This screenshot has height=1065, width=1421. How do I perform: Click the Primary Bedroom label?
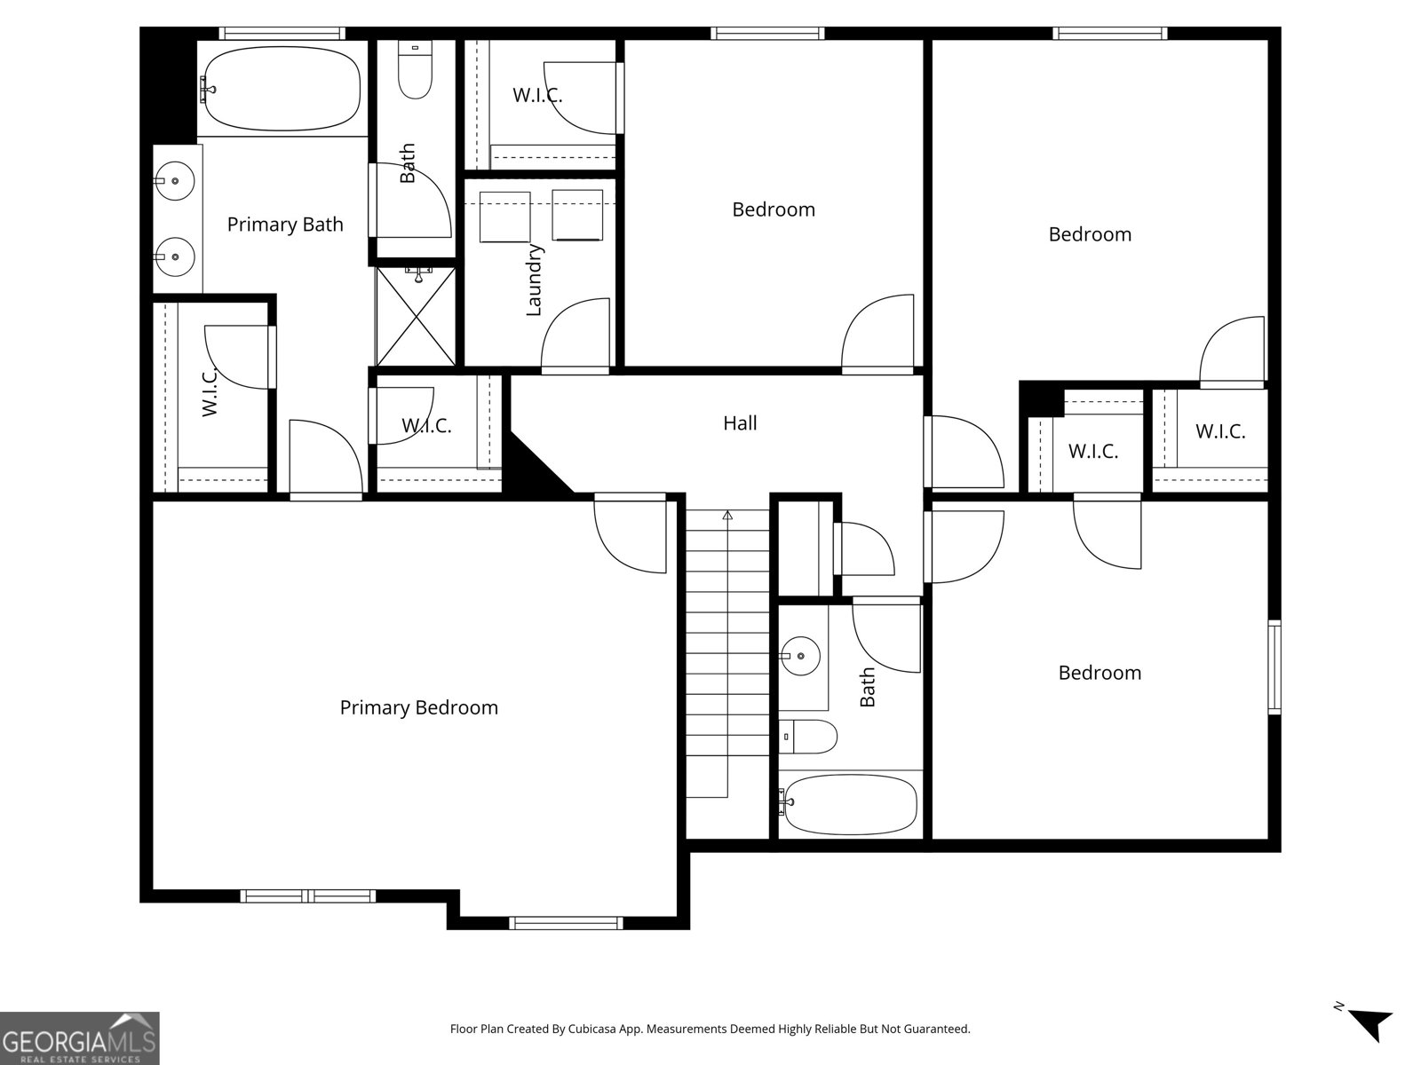418,707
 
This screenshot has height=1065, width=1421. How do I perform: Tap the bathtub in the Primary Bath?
281,89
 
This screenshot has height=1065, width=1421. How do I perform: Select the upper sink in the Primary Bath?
175,181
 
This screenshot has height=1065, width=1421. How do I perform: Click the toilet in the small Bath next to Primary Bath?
414,74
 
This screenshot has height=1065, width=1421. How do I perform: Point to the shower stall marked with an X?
416,316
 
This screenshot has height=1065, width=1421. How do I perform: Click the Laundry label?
534,280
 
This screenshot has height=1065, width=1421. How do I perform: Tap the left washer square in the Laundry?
504,217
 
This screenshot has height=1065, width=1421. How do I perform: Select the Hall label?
740,423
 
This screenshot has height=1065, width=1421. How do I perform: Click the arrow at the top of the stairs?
727,515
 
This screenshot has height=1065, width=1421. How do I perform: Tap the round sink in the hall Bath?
800,656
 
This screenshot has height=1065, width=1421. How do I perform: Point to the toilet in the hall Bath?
810,737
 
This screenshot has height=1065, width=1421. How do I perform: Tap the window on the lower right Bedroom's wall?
1274,667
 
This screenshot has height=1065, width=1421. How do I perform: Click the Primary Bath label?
285,225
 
